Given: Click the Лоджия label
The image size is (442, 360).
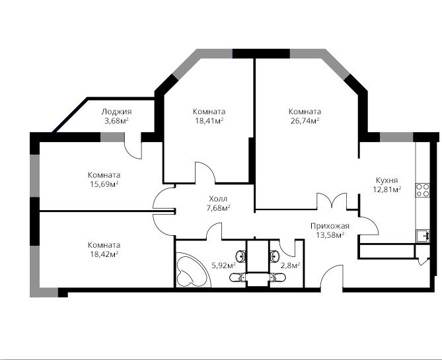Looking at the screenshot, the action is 116,112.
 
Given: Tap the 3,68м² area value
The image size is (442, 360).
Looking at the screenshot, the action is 116,121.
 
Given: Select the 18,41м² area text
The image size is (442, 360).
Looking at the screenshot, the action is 209,121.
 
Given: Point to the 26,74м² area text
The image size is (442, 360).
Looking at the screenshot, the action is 305,121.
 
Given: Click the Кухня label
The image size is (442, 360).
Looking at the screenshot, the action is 387,180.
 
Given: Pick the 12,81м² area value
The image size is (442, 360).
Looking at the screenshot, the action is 387,190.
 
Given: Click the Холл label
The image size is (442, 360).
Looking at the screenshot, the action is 218,199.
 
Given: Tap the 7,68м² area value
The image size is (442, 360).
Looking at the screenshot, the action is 218,208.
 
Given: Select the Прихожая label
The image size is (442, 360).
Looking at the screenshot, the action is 330,226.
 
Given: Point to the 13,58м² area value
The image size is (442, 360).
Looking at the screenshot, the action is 330,235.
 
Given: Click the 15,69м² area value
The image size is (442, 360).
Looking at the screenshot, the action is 104,184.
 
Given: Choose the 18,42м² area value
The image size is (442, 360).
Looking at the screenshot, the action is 104,254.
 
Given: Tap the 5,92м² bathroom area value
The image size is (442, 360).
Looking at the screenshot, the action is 223,266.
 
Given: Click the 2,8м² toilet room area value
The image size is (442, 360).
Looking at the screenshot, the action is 290,266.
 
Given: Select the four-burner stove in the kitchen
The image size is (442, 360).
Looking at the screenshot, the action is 422,190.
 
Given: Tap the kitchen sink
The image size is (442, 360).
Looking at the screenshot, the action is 423,236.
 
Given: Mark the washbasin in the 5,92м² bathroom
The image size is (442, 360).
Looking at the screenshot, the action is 241,256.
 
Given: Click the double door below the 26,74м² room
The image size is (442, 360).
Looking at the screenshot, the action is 332,201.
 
